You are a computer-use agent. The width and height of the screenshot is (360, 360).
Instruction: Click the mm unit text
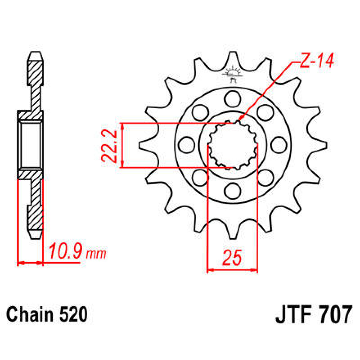pyautogui.click(x=96, y=254)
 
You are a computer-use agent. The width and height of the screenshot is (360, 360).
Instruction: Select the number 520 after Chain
pyautogui.click(x=74, y=315)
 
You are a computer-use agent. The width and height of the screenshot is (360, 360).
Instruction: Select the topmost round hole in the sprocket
pyautogui.click(x=233, y=98)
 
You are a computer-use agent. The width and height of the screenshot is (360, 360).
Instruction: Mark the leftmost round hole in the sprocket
pyautogui.click(x=187, y=145)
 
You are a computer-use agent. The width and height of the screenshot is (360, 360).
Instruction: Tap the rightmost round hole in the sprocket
pyautogui.click(x=279, y=145)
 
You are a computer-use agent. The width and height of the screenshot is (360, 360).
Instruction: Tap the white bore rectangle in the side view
pyautogui.click(x=30, y=145)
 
